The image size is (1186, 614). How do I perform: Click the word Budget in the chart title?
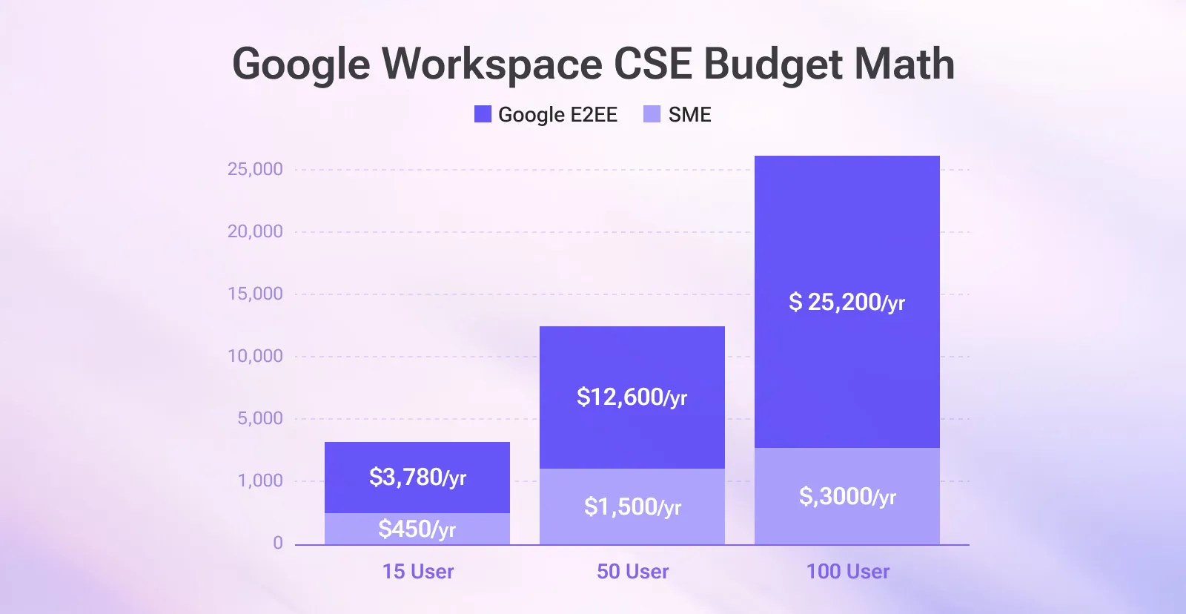tap(772, 65)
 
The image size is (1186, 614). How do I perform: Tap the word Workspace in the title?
tap(491, 65)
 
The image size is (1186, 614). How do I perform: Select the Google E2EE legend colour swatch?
tap(483, 114)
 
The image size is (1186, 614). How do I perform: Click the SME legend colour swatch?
tap(652, 114)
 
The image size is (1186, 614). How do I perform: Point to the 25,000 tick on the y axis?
tap(255, 169)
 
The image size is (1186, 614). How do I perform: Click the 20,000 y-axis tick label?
tap(255, 231)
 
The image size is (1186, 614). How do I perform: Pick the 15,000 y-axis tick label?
tap(255, 294)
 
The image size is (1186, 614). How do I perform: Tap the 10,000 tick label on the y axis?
tap(255, 356)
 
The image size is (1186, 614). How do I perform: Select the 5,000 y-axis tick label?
tap(259, 418)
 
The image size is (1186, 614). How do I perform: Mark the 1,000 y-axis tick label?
tap(259, 481)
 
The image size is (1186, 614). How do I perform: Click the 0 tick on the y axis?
tap(278, 543)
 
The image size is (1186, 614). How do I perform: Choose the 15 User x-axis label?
tap(418, 572)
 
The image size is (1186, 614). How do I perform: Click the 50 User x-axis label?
tap(633, 572)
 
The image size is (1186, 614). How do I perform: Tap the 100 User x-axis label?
tap(848, 572)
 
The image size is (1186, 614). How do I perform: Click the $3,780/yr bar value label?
tap(417, 477)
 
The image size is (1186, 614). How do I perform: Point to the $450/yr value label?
tap(417, 529)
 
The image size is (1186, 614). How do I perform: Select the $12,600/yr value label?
tap(632, 397)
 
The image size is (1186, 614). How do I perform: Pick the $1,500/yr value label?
tap(632, 506)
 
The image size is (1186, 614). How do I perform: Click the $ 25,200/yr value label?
tap(847, 303)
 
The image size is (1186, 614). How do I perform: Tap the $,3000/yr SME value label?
tap(847, 496)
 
